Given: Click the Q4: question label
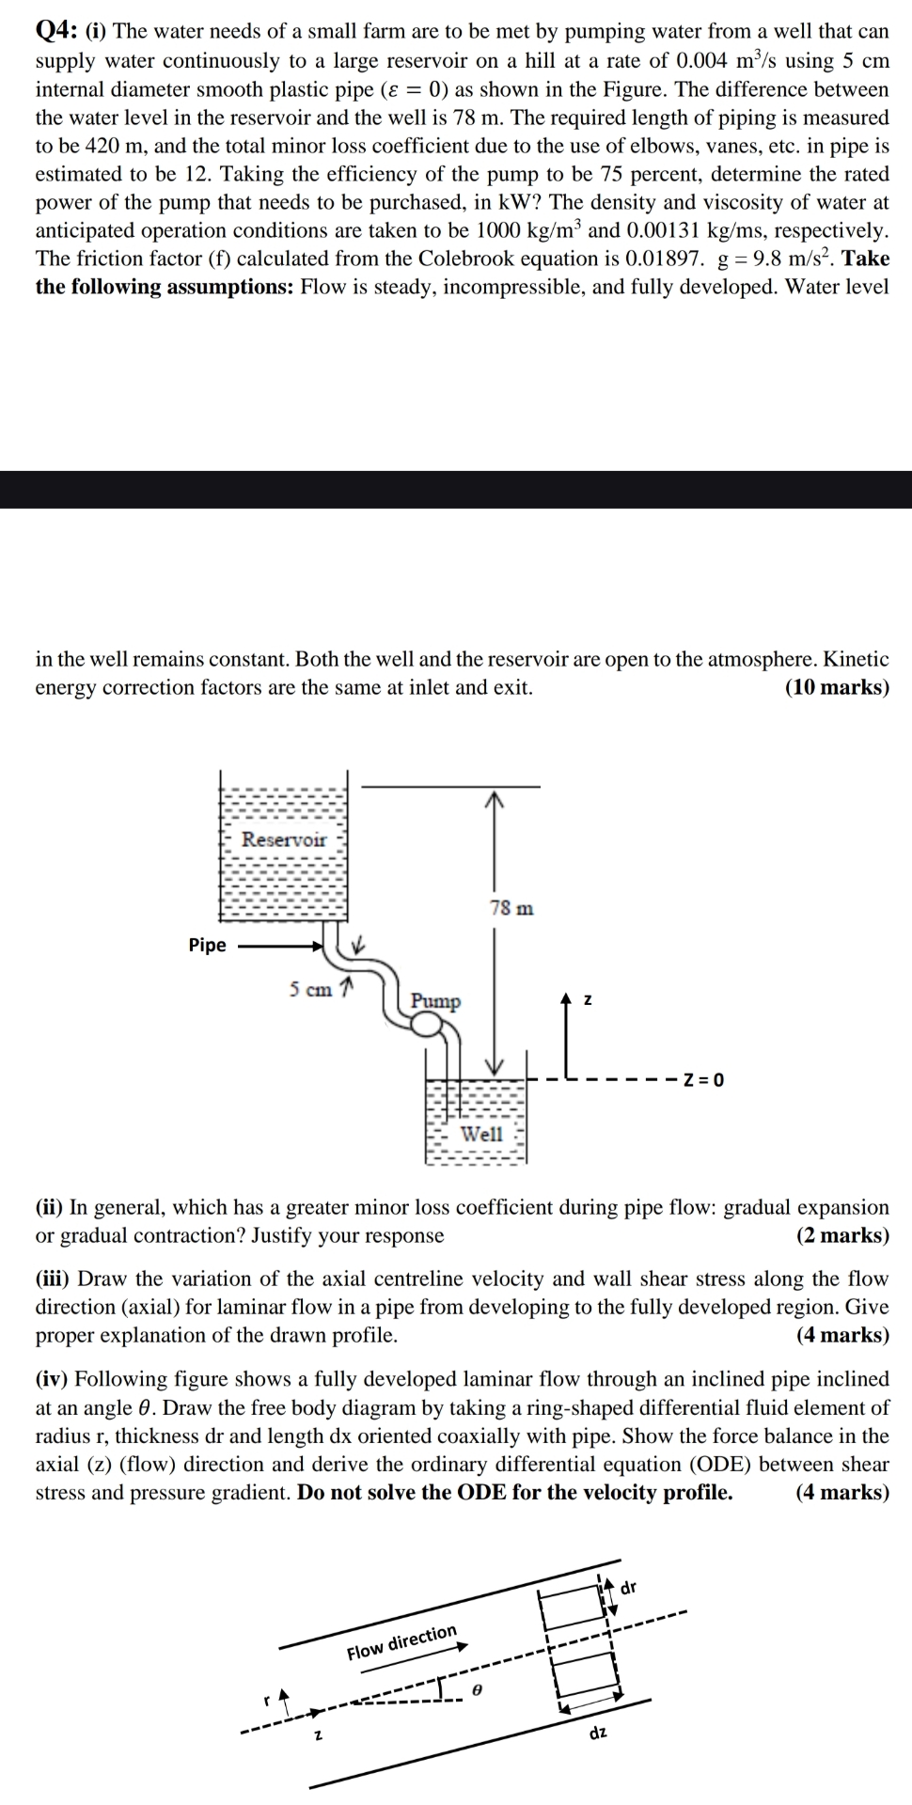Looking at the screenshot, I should pyautogui.click(x=55, y=31).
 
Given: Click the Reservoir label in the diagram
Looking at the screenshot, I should pyautogui.click(x=283, y=840).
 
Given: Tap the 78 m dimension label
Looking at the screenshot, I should pyautogui.click(x=511, y=908).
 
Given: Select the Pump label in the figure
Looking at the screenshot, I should pyautogui.click(x=435, y=1000).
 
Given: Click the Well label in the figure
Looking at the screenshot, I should pyautogui.click(x=481, y=1134).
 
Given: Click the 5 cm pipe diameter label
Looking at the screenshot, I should pyautogui.click(x=310, y=989).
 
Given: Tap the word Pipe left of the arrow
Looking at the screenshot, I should pyautogui.click(x=207, y=945).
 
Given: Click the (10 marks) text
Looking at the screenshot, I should pyautogui.click(x=837, y=687).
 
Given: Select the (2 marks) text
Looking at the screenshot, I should pyautogui.click(x=842, y=1235).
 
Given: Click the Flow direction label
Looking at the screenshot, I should pyautogui.click(x=401, y=1641).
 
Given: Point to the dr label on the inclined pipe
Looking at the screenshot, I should pyautogui.click(x=629, y=1588).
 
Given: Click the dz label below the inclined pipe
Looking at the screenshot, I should pyautogui.click(x=598, y=1732).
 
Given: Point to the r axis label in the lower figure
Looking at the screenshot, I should pyautogui.click(x=266, y=1701).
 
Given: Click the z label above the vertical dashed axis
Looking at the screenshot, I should pyautogui.click(x=588, y=1000).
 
